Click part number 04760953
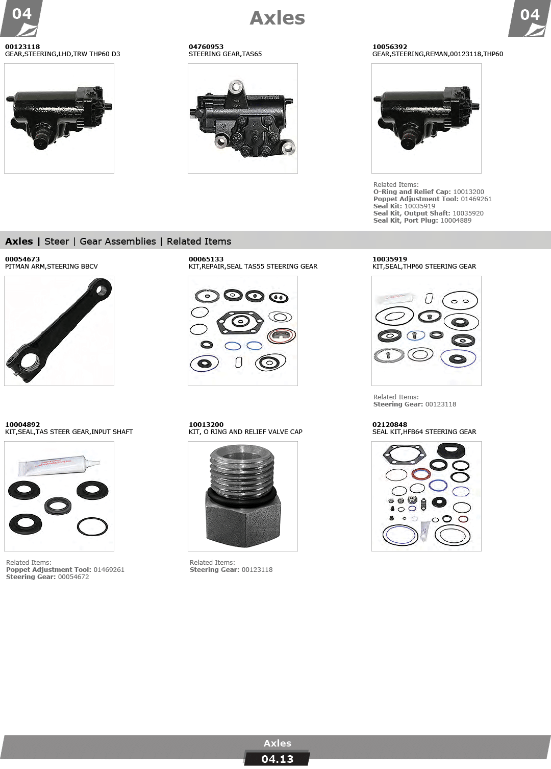(206, 46)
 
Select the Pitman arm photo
(59, 330)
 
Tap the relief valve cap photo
(242, 496)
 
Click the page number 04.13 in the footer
(277, 759)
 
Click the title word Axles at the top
(277, 18)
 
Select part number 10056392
(390, 46)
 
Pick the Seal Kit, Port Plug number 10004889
(456, 221)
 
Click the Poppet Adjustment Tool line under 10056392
(432, 199)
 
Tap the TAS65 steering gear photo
(242, 118)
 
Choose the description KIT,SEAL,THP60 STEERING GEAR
(424, 267)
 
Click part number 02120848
(390, 425)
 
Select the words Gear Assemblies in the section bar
(118, 242)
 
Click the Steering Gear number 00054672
(73, 577)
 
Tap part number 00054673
(22, 259)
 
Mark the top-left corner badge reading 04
(21, 18)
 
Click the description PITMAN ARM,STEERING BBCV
(52, 267)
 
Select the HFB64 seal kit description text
(424, 432)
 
